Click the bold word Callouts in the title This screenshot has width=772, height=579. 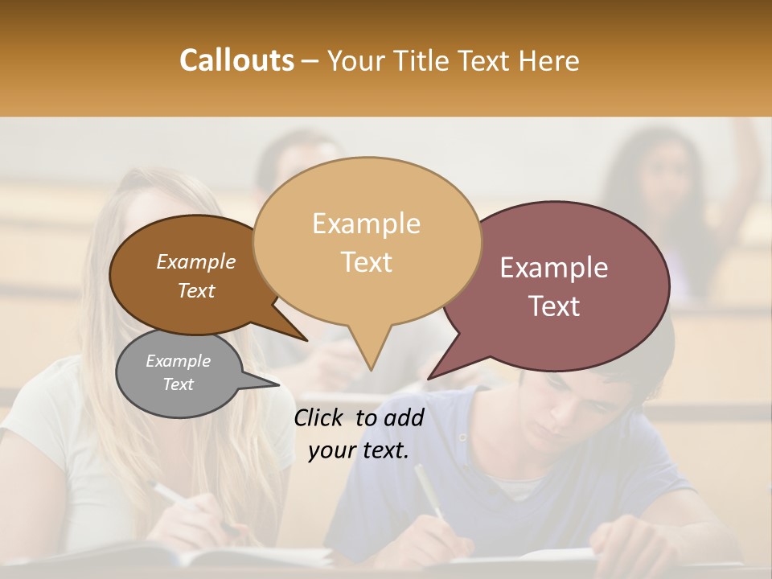pos(236,60)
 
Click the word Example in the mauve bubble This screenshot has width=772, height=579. pos(554,268)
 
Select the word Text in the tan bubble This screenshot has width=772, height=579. pos(367,262)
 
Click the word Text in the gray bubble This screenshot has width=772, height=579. pos(179,384)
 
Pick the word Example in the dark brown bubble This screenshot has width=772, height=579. pos(196,262)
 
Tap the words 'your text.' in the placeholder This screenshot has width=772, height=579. pos(359,450)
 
